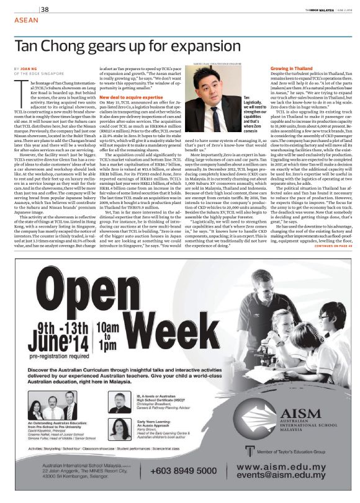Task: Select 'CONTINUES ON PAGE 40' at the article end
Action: pos(325,246)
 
